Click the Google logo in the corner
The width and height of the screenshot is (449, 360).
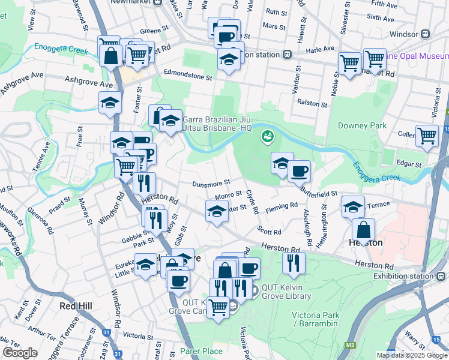pyautogui.click(x=20, y=353)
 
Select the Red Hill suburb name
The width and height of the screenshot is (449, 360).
pyautogui.click(x=76, y=306)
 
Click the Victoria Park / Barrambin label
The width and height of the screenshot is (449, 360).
pyautogui.click(x=315, y=320)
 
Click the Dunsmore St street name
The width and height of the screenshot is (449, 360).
pyautogui.click(x=211, y=183)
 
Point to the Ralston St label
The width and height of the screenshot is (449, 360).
pyautogui.click(x=313, y=104)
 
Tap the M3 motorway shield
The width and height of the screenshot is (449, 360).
pyautogui.click(x=350, y=346)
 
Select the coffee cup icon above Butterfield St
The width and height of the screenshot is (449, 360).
pyautogui.click(x=298, y=171)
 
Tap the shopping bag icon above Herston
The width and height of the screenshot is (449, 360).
pyautogui.click(x=364, y=229)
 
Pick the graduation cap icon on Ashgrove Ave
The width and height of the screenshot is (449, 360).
pyautogui.click(x=110, y=103)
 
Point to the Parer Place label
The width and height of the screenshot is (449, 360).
pyautogui.click(x=201, y=351)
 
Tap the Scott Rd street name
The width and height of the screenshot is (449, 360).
pyautogui.click(x=270, y=232)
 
